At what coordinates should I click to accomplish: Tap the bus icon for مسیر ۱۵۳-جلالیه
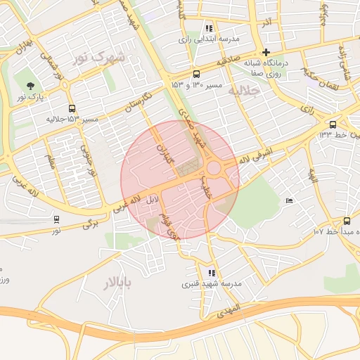point(72,108)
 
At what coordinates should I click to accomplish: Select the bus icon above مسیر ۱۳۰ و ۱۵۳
point(195,73)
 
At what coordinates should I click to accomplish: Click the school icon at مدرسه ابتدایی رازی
point(209,28)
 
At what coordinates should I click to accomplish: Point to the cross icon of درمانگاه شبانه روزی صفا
point(266,52)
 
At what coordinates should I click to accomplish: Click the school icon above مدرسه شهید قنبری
point(212,272)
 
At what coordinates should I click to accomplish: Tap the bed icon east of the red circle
point(290,202)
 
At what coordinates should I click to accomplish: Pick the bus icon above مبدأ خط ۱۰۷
point(347,220)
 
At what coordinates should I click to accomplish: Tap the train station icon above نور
point(56,219)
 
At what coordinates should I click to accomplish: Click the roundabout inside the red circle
point(214,169)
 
